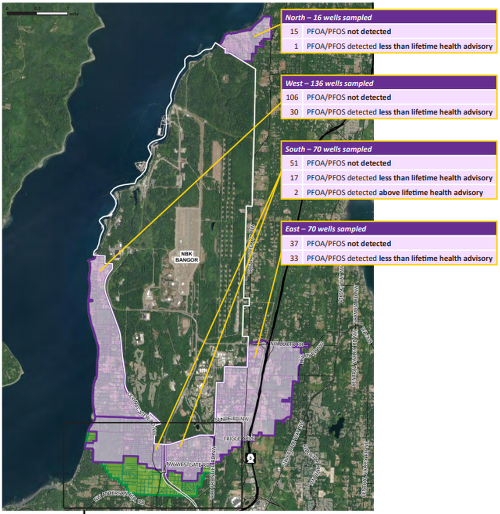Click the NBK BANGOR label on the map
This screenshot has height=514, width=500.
pyautogui.click(x=187, y=257)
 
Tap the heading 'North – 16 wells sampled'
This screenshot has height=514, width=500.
pyautogui.click(x=329, y=18)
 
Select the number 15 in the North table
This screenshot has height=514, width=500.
pyautogui.click(x=294, y=32)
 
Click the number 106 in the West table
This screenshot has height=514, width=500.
pyautogui.click(x=292, y=97)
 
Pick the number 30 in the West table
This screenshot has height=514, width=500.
pyautogui.click(x=294, y=112)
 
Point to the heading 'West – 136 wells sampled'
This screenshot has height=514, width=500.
pyautogui.click(x=329, y=83)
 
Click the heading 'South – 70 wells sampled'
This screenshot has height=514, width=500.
pyautogui.click(x=329, y=149)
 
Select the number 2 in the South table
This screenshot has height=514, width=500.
pyautogui.click(x=296, y=192)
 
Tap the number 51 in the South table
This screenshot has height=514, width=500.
pyautogui.click(x=294, y=163)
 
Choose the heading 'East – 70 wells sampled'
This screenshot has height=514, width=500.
pyautogui.click(x=325, y=229)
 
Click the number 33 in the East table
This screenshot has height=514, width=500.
pyautogui.click(x=294, y=258)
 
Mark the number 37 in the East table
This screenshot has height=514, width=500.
pyautogui.click(x=294, y=244)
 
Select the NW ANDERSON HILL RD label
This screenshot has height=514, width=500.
pyautogui.click(x=119, y=499)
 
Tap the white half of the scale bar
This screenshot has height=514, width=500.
pyautogui.click(x=52, y=14)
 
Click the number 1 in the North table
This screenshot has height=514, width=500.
pyautogui.click(x=296, y=46)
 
